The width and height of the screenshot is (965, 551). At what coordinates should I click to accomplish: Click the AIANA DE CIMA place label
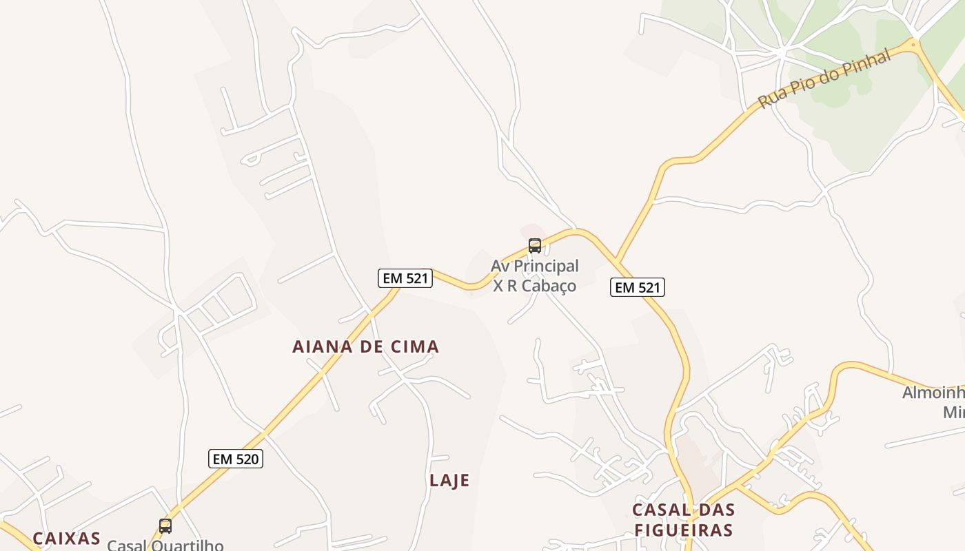[x=365, y=346]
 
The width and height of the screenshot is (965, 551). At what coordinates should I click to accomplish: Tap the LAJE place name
[x=449, y=480]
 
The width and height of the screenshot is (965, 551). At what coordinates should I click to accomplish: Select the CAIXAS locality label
[x=66, y=539]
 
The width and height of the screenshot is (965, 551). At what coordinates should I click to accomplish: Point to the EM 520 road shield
[x=236, y=459]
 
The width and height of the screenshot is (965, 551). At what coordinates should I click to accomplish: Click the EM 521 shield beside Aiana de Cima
[x=405, y=278]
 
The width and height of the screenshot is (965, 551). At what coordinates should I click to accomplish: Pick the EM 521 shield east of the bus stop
[x=638, y=287]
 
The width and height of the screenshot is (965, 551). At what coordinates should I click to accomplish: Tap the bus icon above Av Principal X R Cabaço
[x=534, y=246]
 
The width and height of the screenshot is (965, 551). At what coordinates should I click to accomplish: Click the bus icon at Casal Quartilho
[x=165, y=527]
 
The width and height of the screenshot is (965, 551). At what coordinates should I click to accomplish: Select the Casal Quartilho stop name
[x=165, y=545]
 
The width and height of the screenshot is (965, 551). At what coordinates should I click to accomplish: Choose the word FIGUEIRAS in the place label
[x=683, y=530]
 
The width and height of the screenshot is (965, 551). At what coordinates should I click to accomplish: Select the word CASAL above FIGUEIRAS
[x=658, y=510]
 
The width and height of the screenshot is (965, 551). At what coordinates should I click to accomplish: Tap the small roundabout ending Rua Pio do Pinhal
[x=914, y=45]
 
